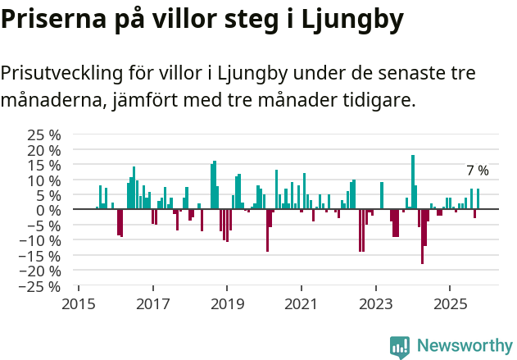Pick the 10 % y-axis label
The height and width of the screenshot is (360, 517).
point(44,180)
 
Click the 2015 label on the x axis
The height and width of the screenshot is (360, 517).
point(79,303)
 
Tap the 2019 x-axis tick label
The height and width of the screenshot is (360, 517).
point(227,303)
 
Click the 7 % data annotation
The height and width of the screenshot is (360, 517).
point(478,171)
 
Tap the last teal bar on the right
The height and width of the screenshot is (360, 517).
point(478,199)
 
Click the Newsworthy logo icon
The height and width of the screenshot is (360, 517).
point(400,346)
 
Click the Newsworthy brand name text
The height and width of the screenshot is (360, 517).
point(465,346)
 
